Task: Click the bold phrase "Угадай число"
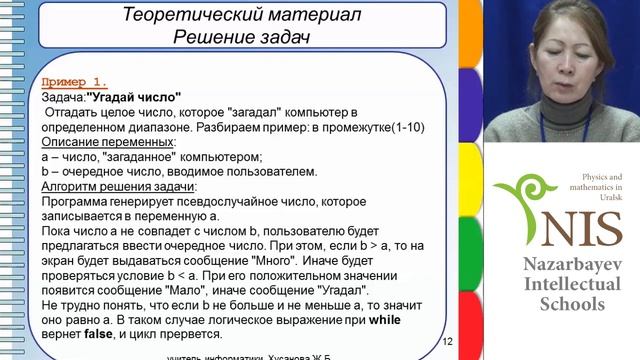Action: [x=134, y=97]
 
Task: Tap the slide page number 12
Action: [x=447, y=342]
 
